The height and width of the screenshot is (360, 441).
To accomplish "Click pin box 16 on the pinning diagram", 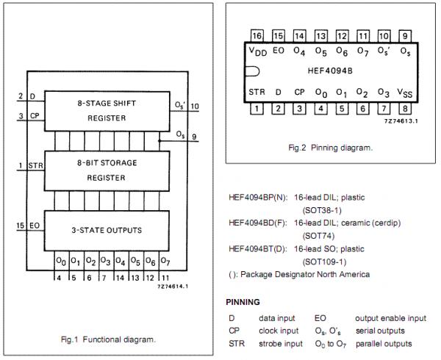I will pos(257,35).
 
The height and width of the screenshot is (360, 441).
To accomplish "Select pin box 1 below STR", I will pos(257,109).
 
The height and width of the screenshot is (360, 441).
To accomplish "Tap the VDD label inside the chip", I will pos(257,51).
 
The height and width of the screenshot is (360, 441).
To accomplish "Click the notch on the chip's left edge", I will pos(251,72).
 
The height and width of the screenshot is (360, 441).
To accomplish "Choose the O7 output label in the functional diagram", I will pos(165,261).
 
